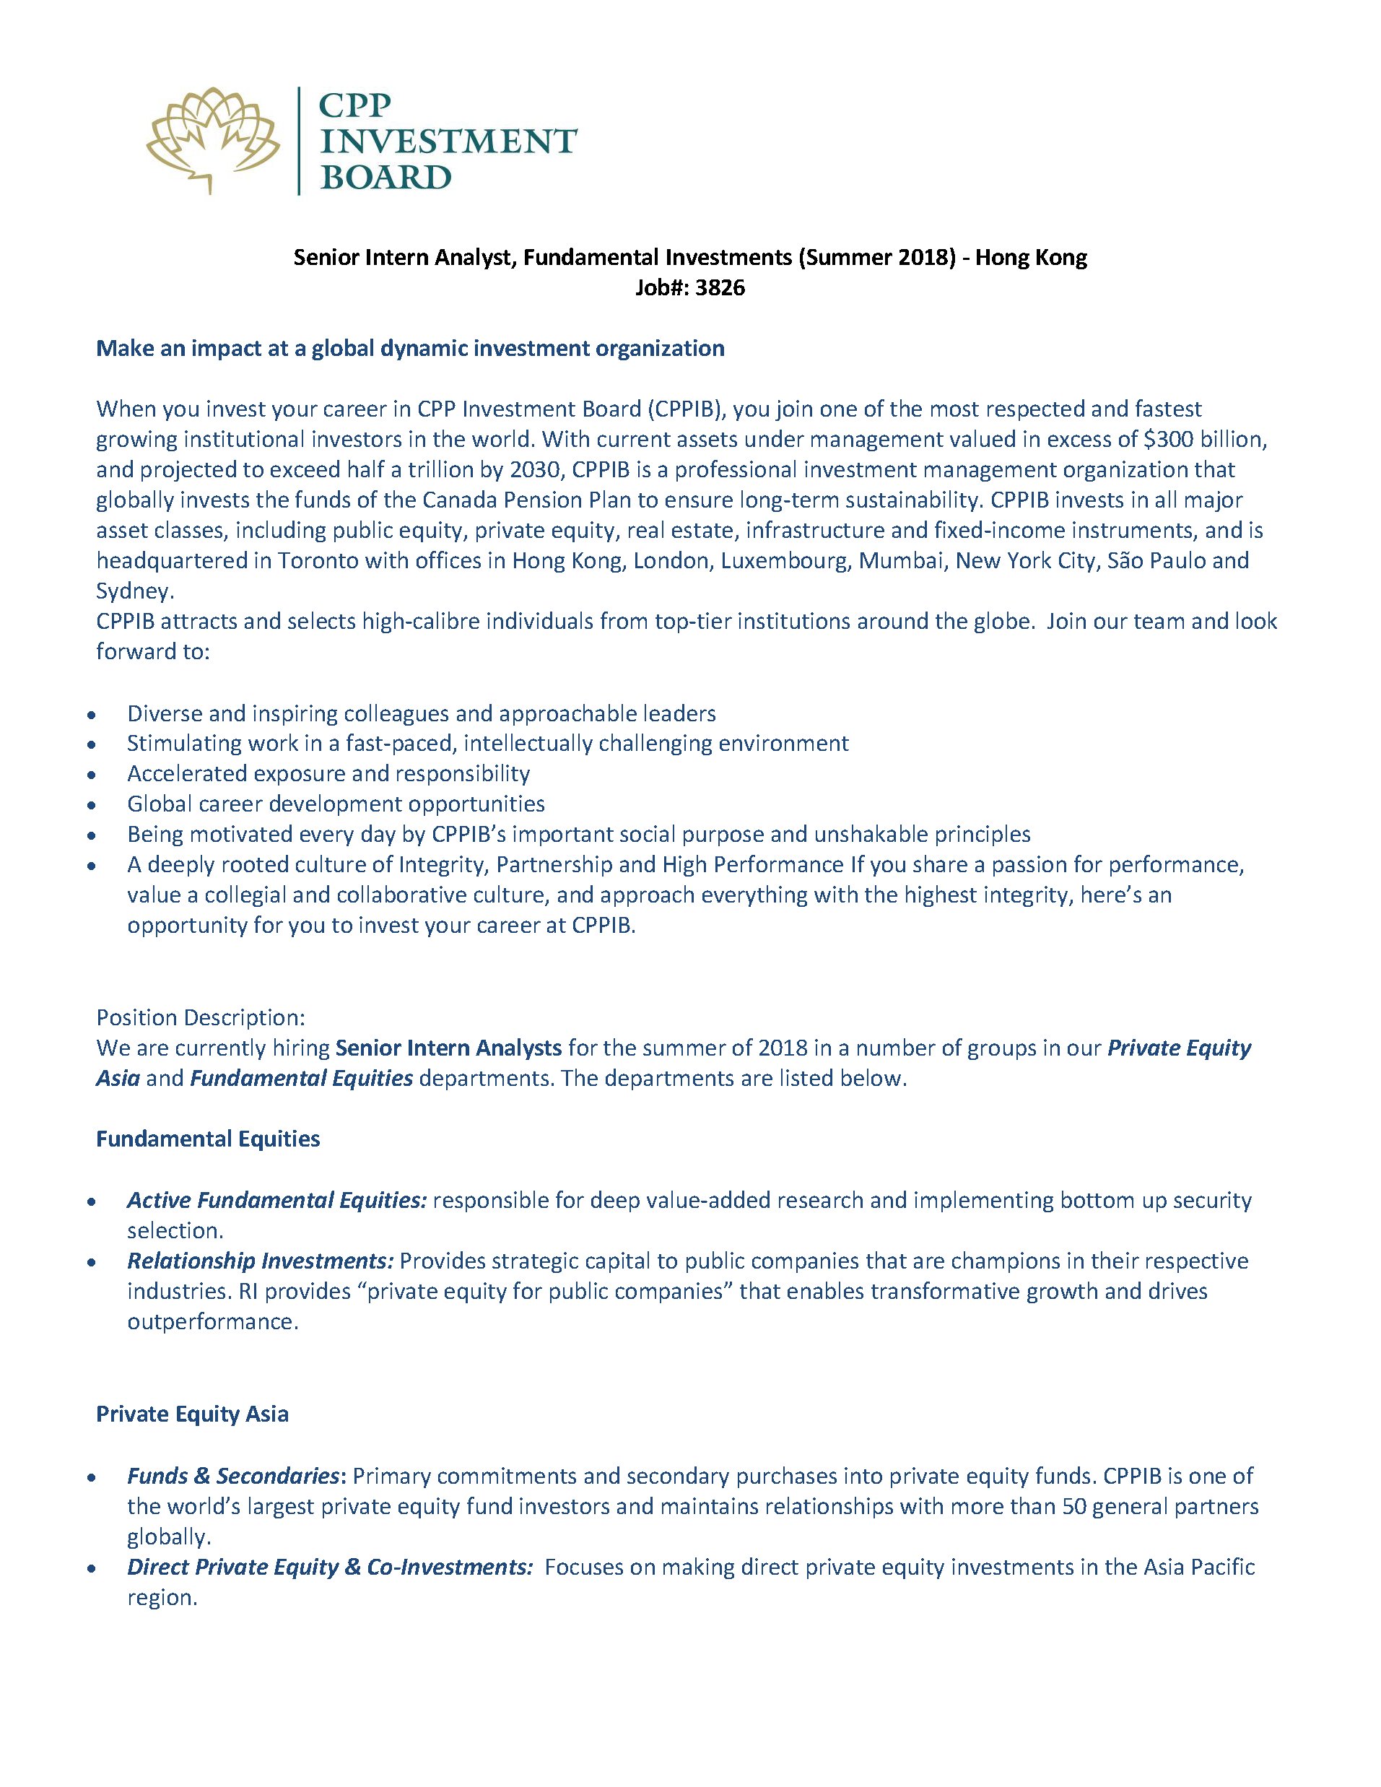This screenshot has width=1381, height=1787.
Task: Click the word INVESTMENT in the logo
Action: [448, 142]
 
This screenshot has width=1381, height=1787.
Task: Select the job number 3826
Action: [720, 288]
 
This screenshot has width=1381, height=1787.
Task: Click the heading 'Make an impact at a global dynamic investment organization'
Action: [410, 349]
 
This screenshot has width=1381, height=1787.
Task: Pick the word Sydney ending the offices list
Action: [133, 591]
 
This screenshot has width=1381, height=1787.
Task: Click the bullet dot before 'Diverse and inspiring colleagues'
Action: [92, 715]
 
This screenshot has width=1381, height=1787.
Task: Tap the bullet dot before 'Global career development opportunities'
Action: [92, 805]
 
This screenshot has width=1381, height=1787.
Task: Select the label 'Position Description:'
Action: [201, 1018]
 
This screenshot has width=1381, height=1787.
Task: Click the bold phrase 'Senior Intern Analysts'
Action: [448, 1048]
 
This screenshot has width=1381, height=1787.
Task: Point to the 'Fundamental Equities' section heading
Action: [208, 1139]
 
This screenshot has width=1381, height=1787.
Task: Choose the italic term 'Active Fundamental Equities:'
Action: [276, 1200]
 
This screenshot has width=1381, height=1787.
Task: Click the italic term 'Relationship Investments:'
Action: [260, 1261]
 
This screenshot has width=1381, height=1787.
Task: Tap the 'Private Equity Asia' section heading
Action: [192, 1414]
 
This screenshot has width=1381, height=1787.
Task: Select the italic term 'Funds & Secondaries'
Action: [233, 1476]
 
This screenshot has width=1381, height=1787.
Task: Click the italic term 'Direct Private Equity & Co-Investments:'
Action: [330, 1567]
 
